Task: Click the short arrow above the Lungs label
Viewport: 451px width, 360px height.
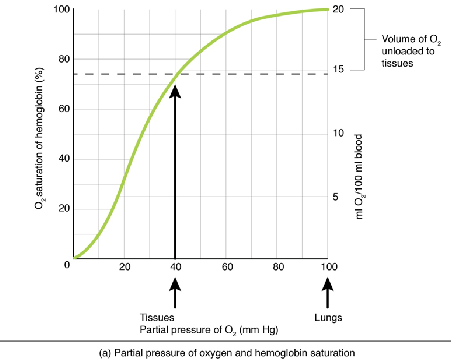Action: tap(328, 294)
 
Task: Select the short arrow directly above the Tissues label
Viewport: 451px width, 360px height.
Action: tap(176, 294)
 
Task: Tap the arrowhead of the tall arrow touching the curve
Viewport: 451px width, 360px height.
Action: tap(176, 90)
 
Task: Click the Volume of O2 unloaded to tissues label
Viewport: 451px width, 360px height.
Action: tap(406, 51)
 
